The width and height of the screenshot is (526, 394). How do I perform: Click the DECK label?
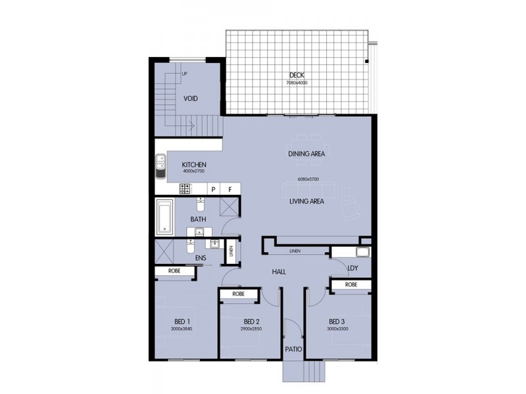297,75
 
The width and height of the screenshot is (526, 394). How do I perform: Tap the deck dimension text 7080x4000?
297,83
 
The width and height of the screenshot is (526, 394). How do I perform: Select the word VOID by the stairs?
191,98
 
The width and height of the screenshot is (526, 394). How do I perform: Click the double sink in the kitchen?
160,166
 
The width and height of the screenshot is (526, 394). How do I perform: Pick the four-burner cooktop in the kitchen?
185,189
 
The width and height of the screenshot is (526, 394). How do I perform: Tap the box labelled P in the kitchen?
213,189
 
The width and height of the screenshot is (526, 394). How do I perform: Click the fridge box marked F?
230,189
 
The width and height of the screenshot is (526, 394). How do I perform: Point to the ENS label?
201,258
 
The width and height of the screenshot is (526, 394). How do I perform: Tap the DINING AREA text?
306,154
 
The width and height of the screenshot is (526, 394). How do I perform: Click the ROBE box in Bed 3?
350,284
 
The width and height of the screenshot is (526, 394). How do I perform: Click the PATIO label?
293,349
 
